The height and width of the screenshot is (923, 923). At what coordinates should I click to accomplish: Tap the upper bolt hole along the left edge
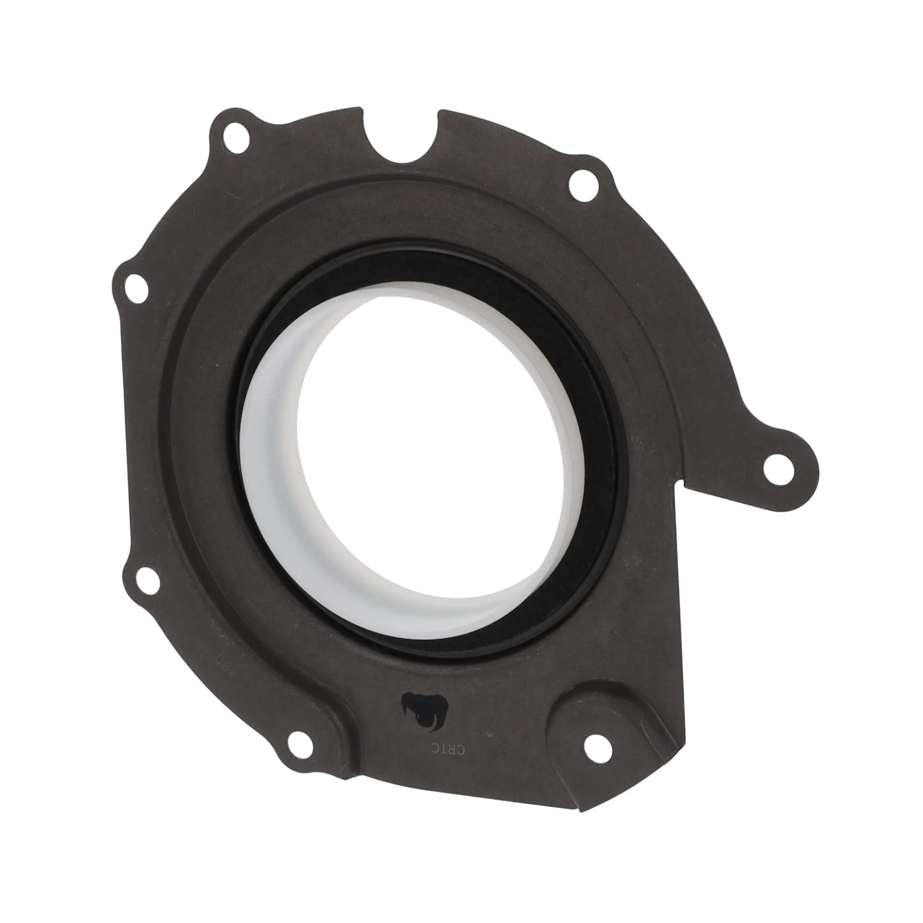point(136,288)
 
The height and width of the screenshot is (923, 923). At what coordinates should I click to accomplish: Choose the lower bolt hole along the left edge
point(147,581)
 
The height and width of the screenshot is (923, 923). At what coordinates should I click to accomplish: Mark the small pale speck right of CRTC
point(490,746)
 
